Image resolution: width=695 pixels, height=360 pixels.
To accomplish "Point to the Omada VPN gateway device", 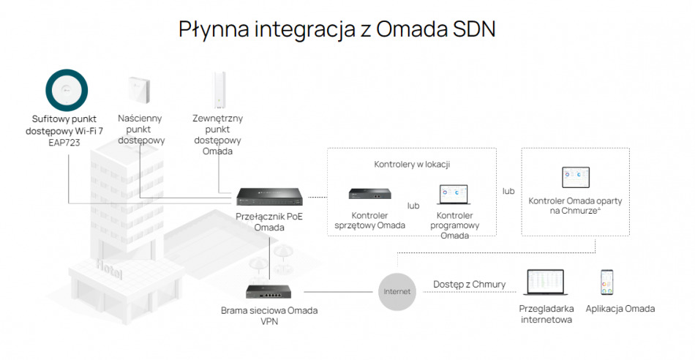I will coord(268,291).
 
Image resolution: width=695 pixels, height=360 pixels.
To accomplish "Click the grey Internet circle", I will coord(397,291).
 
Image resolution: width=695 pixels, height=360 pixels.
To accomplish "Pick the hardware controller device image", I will coord(369,195).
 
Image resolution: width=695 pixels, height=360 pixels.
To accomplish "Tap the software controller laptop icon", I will coord(454,195).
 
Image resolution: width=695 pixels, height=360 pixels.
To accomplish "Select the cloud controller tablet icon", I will coord(576,178).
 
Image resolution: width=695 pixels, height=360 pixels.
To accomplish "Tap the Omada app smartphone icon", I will coord(606,282).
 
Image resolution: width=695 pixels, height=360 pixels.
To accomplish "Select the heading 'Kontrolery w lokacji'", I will coord(412,164).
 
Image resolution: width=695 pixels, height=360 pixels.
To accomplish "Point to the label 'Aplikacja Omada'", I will coord(620,309).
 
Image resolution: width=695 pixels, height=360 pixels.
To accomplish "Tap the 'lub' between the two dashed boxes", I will coord(508,191).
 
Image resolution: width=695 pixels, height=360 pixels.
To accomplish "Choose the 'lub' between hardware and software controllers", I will coord(413,206).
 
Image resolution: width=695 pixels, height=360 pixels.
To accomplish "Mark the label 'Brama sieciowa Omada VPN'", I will coord(269,315).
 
